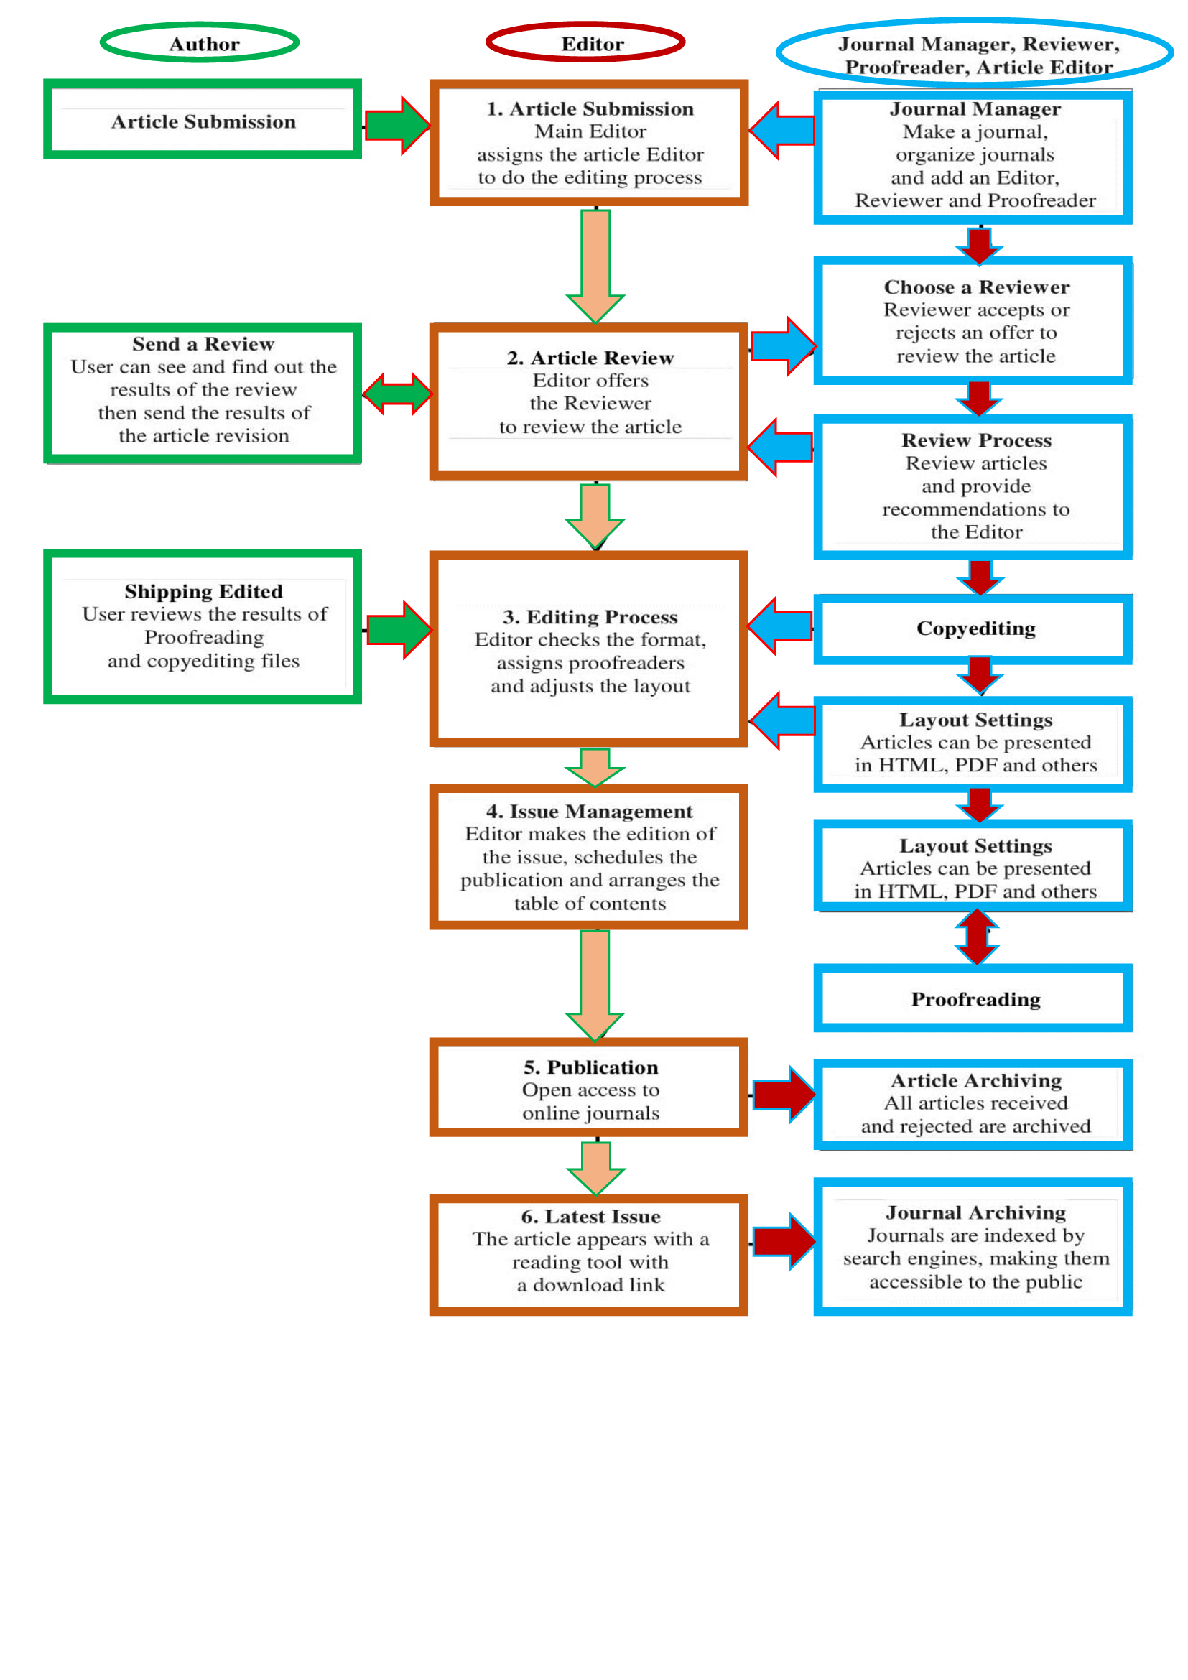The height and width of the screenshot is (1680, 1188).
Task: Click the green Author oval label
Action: coord(200,43)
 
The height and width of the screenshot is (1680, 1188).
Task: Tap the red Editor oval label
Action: coord(585,43)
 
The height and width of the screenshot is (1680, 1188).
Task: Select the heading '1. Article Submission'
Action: coord(590,109)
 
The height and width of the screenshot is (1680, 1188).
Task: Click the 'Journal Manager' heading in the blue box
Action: coord(975,109)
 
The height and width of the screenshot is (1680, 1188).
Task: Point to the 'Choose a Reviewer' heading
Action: coord(976,287)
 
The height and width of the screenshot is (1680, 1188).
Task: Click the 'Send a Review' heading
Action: coord(203,344)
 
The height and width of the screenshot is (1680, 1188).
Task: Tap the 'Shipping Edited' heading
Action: coord(203,591)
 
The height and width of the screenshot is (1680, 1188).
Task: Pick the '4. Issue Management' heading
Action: coord(589,812)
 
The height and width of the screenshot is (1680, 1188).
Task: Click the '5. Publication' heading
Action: coord(590,1067)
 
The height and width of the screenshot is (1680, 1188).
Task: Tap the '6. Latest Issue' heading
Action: coord(590,1216)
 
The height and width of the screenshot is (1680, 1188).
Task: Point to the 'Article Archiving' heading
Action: coord(975,1081)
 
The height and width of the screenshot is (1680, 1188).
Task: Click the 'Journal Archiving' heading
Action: coord(975,1212)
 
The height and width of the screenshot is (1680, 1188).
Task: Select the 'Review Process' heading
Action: coord(976,440)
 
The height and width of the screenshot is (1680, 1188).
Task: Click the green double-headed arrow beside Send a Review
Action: coord(397,394)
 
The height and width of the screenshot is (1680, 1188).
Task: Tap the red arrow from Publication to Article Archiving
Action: coord(783,1095)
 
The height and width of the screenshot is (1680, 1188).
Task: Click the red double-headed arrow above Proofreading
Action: coord(977,937)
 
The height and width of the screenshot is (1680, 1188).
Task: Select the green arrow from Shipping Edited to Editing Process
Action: coord(397,629)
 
